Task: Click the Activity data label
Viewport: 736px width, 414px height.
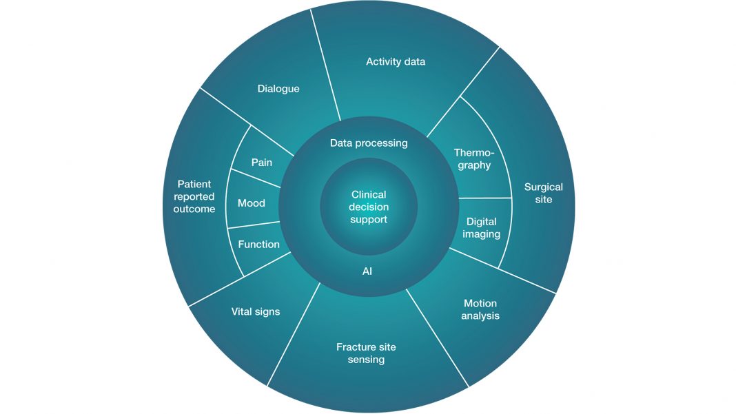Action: (x=396, y=62)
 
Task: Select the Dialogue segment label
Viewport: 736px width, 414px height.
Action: (x=278, y=89)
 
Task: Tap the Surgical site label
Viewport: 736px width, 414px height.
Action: (x=543, y=193)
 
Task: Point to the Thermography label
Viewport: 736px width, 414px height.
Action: (x=473, y=159)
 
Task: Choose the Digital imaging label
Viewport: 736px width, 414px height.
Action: (x=482, y=228)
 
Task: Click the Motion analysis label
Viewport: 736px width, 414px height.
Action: (x=480, y=310)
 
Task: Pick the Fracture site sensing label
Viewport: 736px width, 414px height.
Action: (x=366, y=353)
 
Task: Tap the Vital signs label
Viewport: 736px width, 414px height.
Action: (x=256, y=312)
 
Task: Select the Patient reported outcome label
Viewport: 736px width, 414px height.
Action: (x=194, y=196)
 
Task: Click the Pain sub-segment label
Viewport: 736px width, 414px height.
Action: (x=261, y=163)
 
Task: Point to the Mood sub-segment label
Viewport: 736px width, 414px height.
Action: (x=252, y=203)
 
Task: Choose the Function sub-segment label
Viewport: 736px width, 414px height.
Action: (x=258, y=245)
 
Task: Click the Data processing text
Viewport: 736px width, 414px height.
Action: (x=369, y=143)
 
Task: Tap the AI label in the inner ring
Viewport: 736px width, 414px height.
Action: (x=367, y=271)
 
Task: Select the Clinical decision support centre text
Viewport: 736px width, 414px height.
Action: (x=369, y=207)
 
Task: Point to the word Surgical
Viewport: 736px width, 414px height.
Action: (x=543, y=187)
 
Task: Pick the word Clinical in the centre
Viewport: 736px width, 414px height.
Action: (x=369, y=195)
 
